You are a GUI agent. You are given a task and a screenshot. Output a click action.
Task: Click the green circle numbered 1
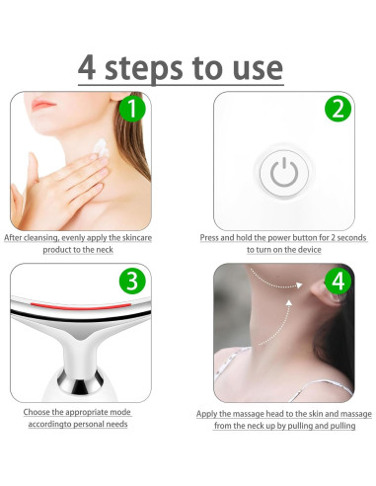pos(132,108)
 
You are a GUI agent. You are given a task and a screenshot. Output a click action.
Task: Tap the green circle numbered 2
pos(338,109)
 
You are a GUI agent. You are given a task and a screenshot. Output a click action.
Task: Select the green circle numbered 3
pos(132,281)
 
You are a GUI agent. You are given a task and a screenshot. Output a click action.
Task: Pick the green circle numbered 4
pos(338,282)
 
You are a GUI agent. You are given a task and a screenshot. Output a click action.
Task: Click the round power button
pos(284,173)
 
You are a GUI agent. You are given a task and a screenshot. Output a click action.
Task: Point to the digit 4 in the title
pos(87,68)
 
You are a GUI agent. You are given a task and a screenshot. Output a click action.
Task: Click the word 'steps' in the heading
pos(144,69)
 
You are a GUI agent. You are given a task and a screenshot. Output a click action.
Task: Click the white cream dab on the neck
pos(102,147)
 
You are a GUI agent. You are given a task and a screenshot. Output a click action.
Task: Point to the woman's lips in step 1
pos(43,105)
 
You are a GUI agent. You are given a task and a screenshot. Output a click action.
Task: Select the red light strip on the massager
pos(81,306)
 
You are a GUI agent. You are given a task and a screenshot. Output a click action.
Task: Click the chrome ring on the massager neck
pos(80,381)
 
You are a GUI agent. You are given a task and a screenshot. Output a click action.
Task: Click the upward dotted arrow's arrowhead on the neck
pos(289,303)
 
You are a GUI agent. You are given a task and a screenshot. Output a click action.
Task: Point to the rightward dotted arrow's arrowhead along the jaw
pos(299,285)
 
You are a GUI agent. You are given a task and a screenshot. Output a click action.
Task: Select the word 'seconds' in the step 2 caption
pos(351,238)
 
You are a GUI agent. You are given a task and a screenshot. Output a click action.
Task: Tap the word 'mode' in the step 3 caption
pos(120,412)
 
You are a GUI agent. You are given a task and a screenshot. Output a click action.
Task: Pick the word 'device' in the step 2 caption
pos(309,250)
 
